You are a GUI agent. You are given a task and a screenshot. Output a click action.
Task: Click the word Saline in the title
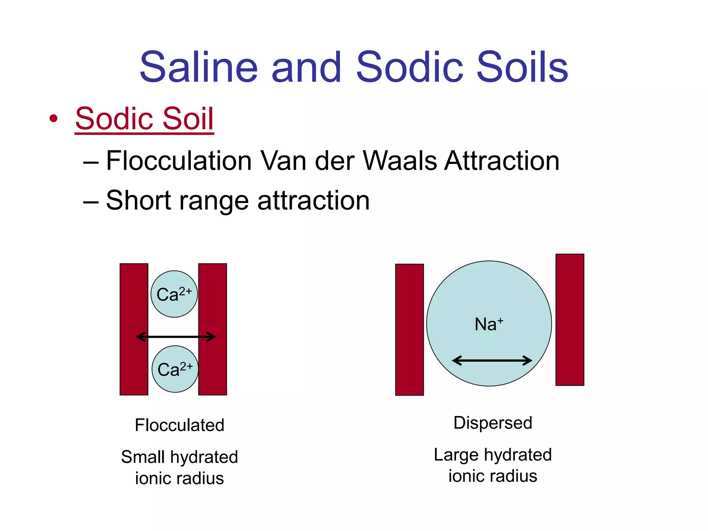[199, 67]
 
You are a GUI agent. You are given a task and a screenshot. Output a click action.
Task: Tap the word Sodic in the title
[409, 67]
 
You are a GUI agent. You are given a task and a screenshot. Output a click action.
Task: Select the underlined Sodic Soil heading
[145, 119]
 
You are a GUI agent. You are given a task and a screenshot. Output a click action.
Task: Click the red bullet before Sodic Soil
[53, 119]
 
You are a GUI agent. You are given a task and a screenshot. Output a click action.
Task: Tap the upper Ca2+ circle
[174, 294]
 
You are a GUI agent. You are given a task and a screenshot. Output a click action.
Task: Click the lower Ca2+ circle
[175, 369]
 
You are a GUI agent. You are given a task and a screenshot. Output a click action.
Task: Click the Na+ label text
[488, 324]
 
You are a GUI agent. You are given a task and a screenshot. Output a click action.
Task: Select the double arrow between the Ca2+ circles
[176, 336]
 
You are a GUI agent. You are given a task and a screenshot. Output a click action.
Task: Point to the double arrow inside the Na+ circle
[492, 361]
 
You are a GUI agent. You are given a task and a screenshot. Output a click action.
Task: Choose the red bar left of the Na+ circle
[409, 329]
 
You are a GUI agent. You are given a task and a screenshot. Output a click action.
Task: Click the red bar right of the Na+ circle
[570, 319]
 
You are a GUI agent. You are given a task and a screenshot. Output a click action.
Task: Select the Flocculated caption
[179, 425]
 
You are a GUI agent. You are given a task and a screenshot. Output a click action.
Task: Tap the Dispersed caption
[493, 423]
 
